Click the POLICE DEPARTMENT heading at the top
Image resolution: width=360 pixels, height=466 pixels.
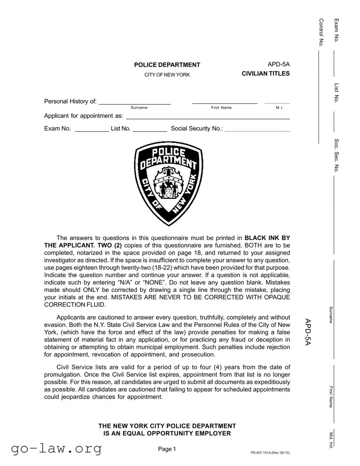click(167, 65)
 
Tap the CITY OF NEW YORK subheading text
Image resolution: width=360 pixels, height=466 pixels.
click(167, 75)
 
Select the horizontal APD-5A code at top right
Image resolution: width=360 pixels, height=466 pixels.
click(278, 64)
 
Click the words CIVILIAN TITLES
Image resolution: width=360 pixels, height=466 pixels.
click(266, 74)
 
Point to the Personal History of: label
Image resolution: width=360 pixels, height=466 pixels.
click(70, 102)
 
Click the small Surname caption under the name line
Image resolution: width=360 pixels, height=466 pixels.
click(139, 108)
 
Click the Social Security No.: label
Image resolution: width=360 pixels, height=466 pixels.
click(197, 129)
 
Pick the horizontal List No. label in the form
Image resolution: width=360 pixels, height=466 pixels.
click(121, 129)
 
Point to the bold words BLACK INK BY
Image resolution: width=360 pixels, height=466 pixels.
click(267, 238)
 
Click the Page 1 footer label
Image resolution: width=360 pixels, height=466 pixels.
click(167, 449)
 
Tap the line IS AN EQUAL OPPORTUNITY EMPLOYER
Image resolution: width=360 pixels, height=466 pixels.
click(167, 434)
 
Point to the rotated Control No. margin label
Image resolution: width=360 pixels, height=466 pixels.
click(321, 33)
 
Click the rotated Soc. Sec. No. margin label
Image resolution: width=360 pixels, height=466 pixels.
click(336, 155)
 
